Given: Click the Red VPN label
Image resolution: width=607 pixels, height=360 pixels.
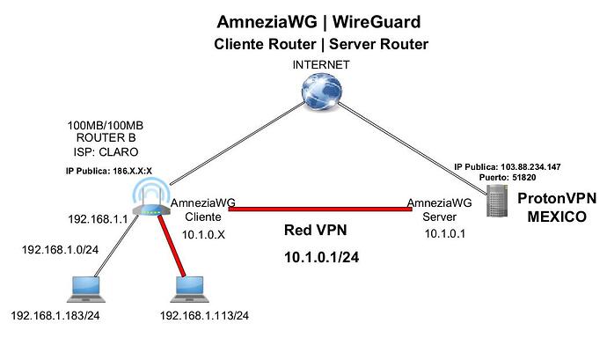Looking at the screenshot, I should tap(316, 231).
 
